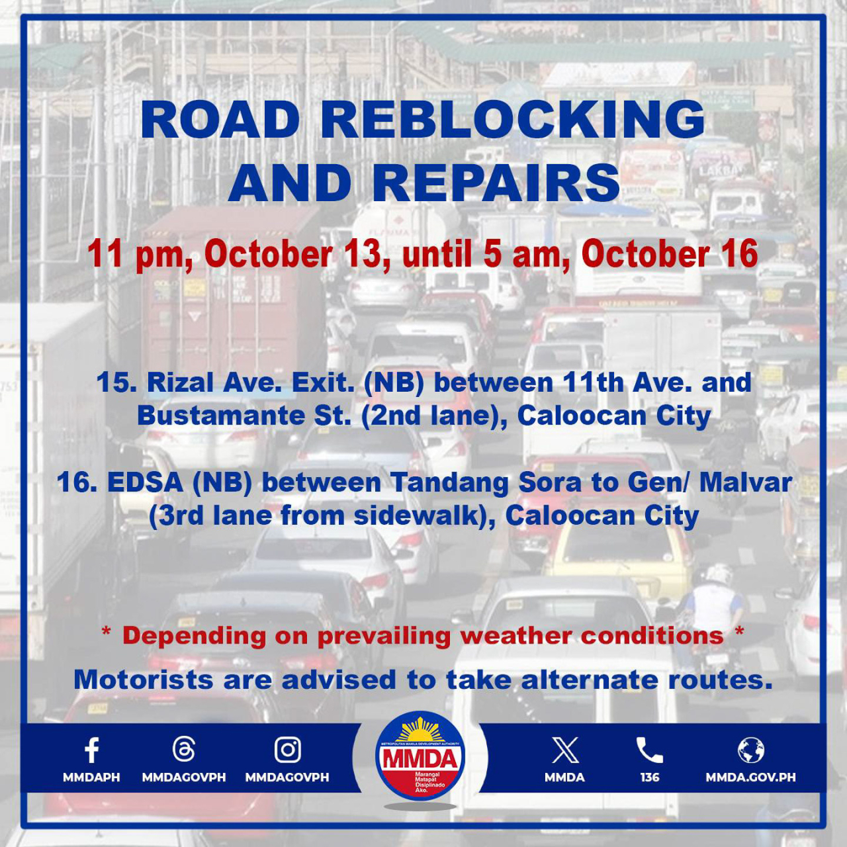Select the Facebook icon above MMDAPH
coord(91,750)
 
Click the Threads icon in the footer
coord(184,750)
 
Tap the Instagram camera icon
coord(287,750)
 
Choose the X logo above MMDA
coord(565,750)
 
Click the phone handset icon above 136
coord(650,750)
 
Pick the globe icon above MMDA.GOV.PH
coord(751,750)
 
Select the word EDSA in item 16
coord(145,482)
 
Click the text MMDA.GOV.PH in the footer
coord(751,777)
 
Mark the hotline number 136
coord(650,777)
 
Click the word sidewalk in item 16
coord(416,515)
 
